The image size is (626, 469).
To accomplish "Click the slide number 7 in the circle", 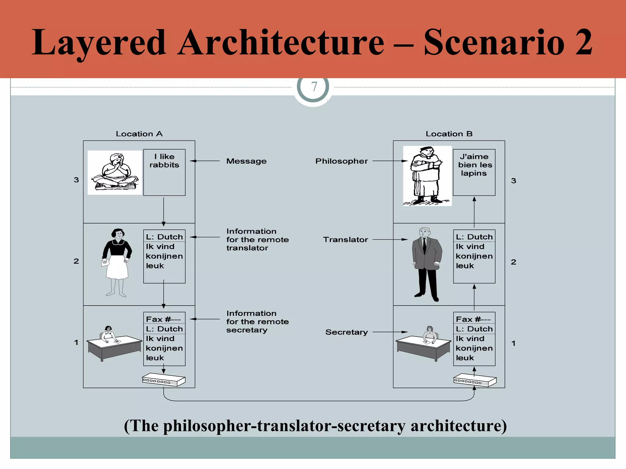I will click(x=314, y=87).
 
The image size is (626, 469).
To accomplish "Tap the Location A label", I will click(x=139, y=134).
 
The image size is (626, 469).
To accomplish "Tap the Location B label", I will click(x=449, y=134).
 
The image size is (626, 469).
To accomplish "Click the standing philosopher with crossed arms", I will click(x=427, y=176).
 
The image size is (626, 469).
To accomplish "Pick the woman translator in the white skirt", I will click(x=117, y=262).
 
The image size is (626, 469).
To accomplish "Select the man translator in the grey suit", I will click(x=427, y=264).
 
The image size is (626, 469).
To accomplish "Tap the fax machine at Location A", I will click(x=164, y=380).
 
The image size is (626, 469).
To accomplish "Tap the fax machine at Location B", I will click(x=475, y=380).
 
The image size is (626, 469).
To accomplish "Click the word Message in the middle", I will click(x=246, y=161).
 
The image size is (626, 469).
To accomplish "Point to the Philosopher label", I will click(x=341, y=161).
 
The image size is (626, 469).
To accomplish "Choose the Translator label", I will click(x=345, y=240).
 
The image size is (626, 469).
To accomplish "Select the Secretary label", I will click(x=346, y=332).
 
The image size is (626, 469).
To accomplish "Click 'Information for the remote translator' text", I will click(x=257, y=240).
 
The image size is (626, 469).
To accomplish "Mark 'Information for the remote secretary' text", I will click(x=257, y=322).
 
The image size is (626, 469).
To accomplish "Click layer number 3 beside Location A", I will click(x=76, y=180).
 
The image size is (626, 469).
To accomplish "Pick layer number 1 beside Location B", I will click(x=514, y=343).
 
